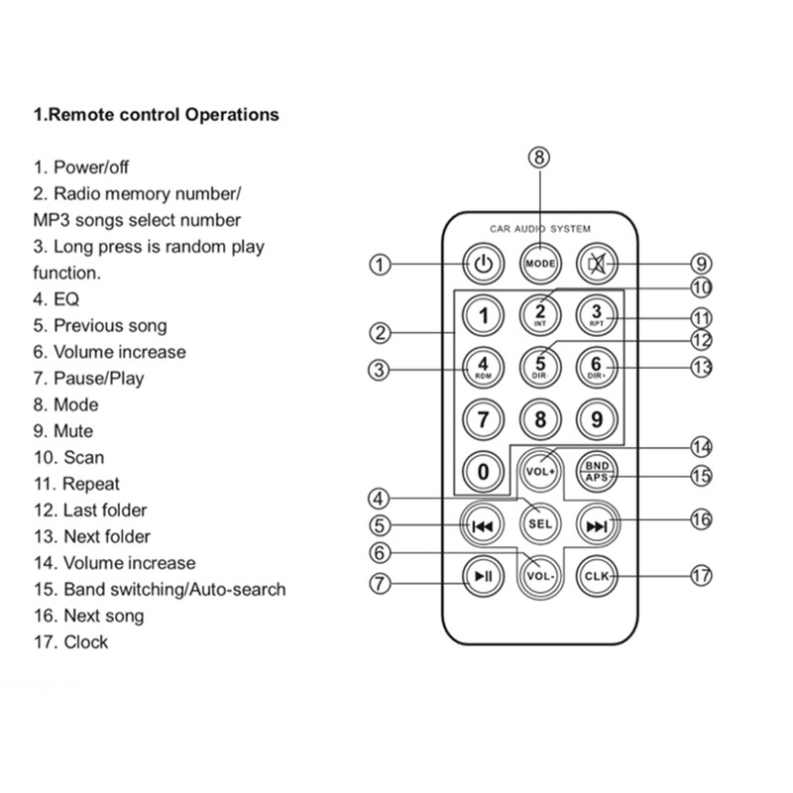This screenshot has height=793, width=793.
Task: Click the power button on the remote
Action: click(483, 264)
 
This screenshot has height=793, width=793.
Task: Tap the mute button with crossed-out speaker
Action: click(597, 264)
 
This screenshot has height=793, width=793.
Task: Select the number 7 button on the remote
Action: click(483, 419)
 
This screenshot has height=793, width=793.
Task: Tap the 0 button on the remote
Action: click(483, 472)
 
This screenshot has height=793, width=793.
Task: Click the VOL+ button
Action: click(540, 472)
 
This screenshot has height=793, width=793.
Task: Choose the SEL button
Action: click(540, 523)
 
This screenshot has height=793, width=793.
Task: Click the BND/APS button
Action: click(597, 472)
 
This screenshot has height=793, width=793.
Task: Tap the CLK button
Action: click(597, 576)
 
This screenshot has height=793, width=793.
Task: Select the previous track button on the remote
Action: click(482, 525)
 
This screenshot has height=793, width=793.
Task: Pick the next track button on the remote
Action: click(598, 525)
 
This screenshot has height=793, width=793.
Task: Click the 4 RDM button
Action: click(483, 367)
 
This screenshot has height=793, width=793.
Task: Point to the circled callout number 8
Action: click(539, 158)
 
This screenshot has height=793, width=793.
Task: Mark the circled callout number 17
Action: click(702, 576)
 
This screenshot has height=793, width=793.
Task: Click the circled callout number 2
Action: click(380, 333)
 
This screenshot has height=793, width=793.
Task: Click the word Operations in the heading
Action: click(232, 114)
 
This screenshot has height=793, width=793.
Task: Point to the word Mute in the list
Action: click(73, 431)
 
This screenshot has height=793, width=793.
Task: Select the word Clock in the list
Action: click(85, 641)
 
